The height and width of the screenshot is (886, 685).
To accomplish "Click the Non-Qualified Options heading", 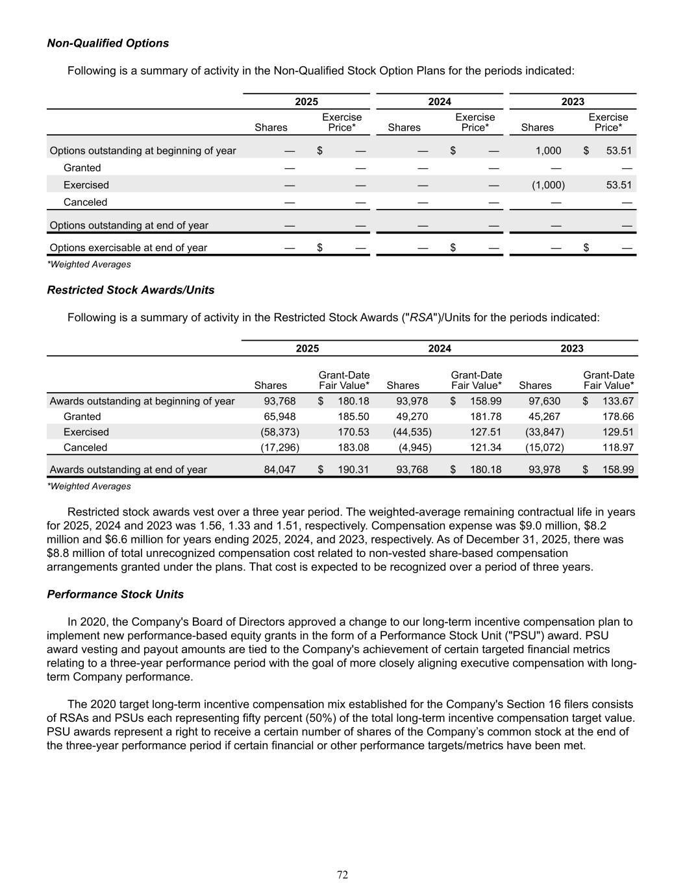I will (108, 43).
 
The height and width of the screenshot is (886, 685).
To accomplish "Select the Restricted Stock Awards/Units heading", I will (131, 290).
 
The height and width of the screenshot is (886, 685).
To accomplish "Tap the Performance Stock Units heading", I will (115, 595).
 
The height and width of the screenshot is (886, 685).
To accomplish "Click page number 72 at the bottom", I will (342, 875).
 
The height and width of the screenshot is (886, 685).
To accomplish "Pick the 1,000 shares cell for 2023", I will (548, 151).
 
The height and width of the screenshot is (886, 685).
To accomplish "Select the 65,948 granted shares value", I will (279, 417).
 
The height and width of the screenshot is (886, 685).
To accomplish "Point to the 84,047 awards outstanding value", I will (279, 469).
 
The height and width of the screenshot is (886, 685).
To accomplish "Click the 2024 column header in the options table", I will (440, 101).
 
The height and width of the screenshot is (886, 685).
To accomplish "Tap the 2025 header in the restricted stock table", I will (307, 349).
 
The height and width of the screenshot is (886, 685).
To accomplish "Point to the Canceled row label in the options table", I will (85, 203).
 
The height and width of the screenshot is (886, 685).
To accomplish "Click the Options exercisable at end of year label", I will (129, 247).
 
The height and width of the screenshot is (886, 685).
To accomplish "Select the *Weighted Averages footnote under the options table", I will (89, 264).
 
